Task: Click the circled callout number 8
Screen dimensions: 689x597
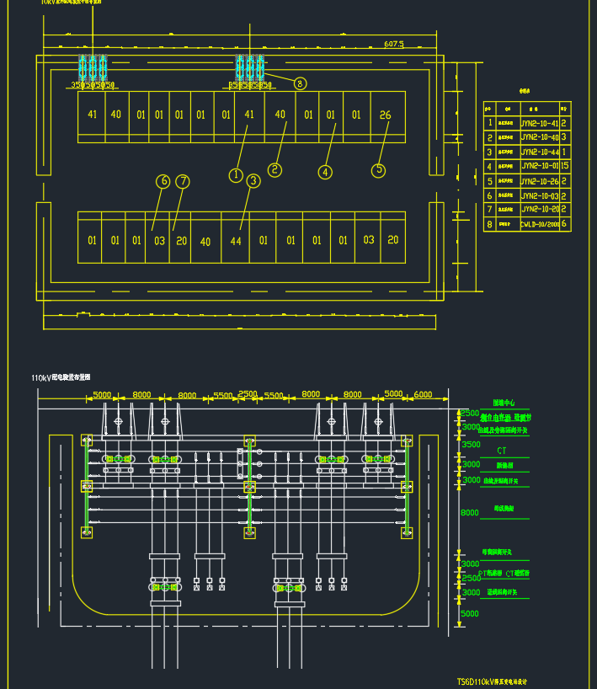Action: point(300,83)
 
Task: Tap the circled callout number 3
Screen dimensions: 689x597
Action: point(253,181)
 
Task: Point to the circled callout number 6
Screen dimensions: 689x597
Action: point(163,181)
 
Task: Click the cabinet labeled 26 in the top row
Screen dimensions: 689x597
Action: point(385,115)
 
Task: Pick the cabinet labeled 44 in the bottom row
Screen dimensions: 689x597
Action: point(236,241)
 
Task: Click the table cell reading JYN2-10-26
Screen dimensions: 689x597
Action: point(539,180)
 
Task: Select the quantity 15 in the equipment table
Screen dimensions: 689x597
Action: point(565,166)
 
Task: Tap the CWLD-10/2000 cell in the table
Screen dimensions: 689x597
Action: point(539,224)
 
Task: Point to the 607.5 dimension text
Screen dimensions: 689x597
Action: point(393,43)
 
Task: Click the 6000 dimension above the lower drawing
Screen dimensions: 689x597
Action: point(423,394)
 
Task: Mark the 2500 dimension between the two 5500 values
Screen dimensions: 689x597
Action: point(248,394)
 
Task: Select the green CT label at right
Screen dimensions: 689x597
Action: point(502,451)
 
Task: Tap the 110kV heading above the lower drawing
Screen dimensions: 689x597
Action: point(61,378)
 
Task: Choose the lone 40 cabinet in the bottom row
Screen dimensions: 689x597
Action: point(205,241)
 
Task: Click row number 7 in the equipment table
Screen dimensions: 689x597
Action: point(489,210)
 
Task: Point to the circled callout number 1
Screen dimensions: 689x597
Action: point(236,175)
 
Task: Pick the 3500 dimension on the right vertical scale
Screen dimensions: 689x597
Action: point(471,444)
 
